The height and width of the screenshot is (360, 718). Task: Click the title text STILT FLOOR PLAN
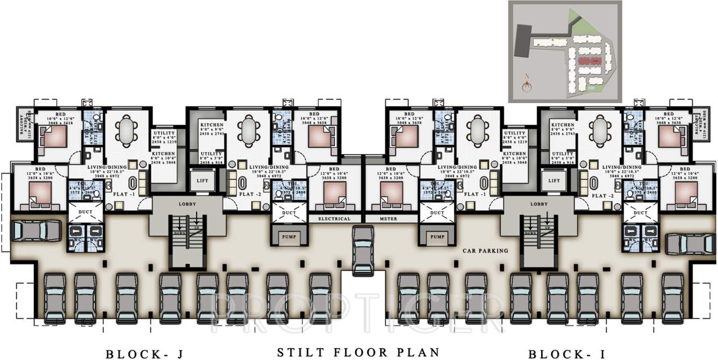pos(358,352)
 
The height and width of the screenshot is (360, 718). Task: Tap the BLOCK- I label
pos(567,354)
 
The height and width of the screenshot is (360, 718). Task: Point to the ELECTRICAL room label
pos(334,219)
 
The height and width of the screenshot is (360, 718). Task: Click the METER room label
pos(388,219)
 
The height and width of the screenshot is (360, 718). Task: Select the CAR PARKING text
pos(485,250)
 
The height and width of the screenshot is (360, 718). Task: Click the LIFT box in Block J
pos(202,181)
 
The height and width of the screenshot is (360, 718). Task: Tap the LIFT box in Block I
pos(553,181)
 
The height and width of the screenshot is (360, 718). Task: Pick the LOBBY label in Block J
pos(187,204)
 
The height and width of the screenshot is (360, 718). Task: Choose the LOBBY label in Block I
pos(538,204)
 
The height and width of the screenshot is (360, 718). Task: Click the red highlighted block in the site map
pos(589,61)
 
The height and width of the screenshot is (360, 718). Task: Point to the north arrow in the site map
pos(527,83)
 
